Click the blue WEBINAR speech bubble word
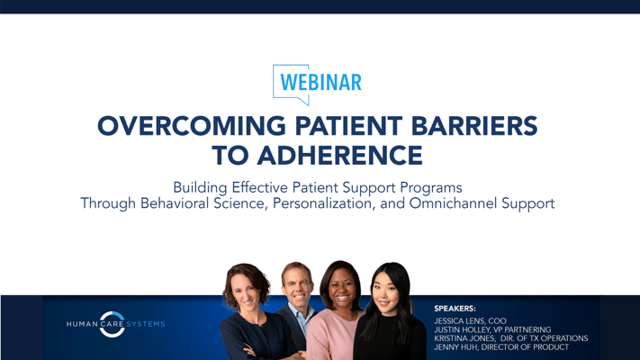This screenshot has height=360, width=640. click(x=320, y=83)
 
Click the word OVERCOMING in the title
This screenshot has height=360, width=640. click(x=192, y=126)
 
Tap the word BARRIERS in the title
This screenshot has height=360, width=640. click(x=474, y=126)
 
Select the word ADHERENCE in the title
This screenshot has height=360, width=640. click(x=339, y=156)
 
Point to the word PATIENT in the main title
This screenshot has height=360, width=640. click(x=348, y=126)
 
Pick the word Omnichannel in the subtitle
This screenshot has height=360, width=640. click(x=453, y=203)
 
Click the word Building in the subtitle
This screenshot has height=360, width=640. click(x=200, y=188)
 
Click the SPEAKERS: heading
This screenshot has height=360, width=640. click(x=455, y=309)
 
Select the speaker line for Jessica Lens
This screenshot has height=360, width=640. click(x=470, y=321)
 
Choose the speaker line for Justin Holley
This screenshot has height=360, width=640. click(x=492, y=329)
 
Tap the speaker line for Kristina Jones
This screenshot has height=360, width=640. click(x=511, y=338)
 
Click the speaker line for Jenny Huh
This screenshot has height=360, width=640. click(x=501, y=347)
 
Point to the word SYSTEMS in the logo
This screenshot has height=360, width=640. click(x=146, y=324)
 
